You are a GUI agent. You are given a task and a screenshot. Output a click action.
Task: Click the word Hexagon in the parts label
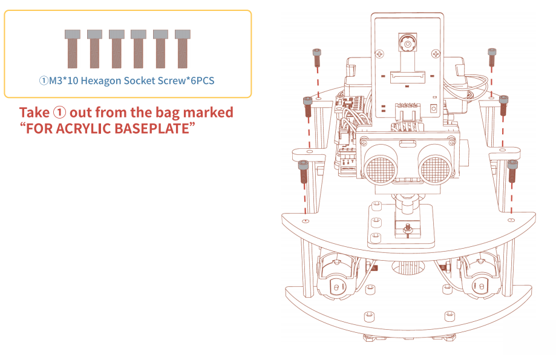click(x=101, y=80)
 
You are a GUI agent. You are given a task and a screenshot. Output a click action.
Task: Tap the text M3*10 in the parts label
click(x=63, y=80)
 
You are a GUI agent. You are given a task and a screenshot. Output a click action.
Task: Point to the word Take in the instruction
click(x=34, y=113)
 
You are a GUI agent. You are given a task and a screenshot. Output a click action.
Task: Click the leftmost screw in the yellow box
click(x=73, y=49)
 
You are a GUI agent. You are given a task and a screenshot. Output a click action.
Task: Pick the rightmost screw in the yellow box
click(x=183, y=49)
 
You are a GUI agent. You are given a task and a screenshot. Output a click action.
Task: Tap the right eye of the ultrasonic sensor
click(x=435, y=168)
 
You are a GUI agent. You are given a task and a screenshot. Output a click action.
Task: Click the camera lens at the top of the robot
click(x=407, y=44)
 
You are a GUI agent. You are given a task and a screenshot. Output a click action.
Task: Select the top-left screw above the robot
click(x=316, y=57)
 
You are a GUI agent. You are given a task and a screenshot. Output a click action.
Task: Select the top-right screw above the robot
click(x=492, y=57)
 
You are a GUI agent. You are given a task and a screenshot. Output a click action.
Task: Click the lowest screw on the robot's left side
click(x=303, y=171)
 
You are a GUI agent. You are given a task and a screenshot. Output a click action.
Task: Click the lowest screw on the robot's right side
click(x=512, y=171)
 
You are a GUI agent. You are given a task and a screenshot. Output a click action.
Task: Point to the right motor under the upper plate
click(x=480, y=275)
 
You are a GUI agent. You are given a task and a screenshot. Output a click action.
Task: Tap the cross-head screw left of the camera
click(x=380, y=54)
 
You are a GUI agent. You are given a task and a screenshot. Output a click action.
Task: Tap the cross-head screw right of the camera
click(x=436, y=54)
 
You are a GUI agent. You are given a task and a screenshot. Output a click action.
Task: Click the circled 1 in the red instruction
click(x=59, y=113)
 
